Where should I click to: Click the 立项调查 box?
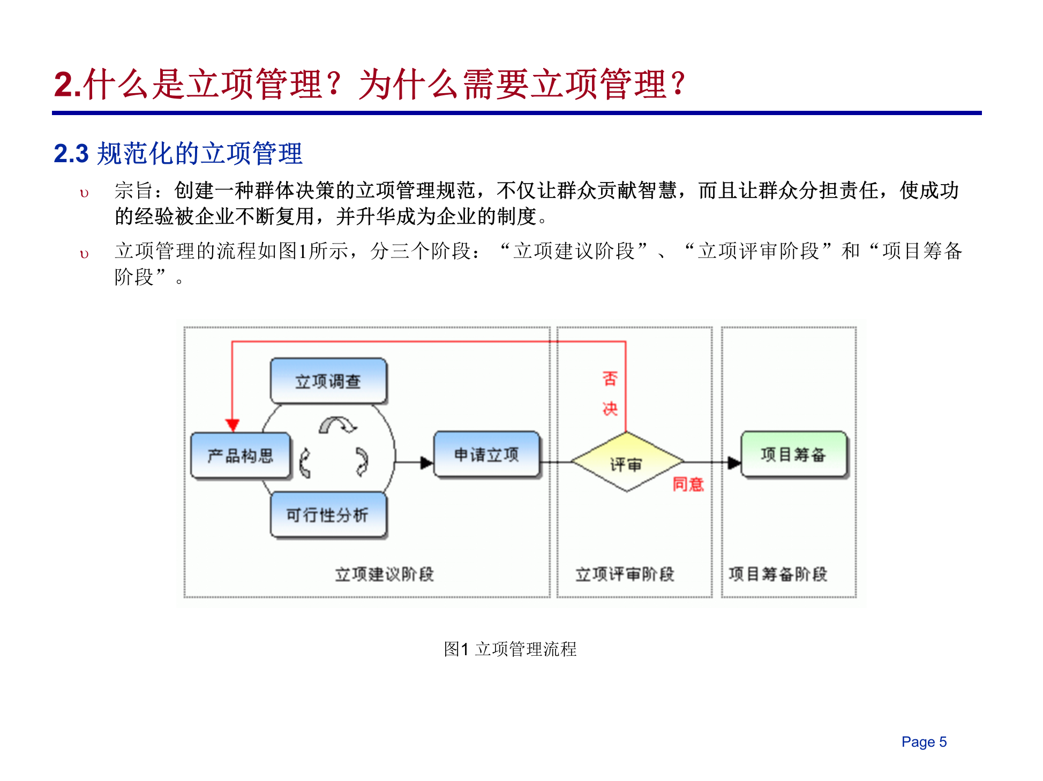[x=328, y=381]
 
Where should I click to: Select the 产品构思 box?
[x=241, y=455]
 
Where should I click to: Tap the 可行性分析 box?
[x=328, y=514]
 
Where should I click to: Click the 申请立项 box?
[x=486, y=454]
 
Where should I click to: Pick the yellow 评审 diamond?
[x=626, y=462]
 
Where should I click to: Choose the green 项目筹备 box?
[x=793, y=454]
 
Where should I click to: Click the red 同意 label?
[x=688, y=484]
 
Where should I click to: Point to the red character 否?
[x=610, y=378]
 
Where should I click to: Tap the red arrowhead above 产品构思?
[x=232, y=424]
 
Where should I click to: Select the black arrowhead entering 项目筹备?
[x=734, y=462]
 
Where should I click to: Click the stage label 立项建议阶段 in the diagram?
[x=384, y=574]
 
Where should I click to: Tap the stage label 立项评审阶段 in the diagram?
[x=625, y=574]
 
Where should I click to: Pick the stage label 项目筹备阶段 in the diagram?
[x=778, y=574]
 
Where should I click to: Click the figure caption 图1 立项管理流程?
[x=510, y=649]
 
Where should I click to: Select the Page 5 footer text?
[x=924, y=742]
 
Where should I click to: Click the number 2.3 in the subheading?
[x=71, y=154]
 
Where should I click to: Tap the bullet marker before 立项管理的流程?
[x=84, y=254]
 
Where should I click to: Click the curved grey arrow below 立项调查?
[x=337, y=425]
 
